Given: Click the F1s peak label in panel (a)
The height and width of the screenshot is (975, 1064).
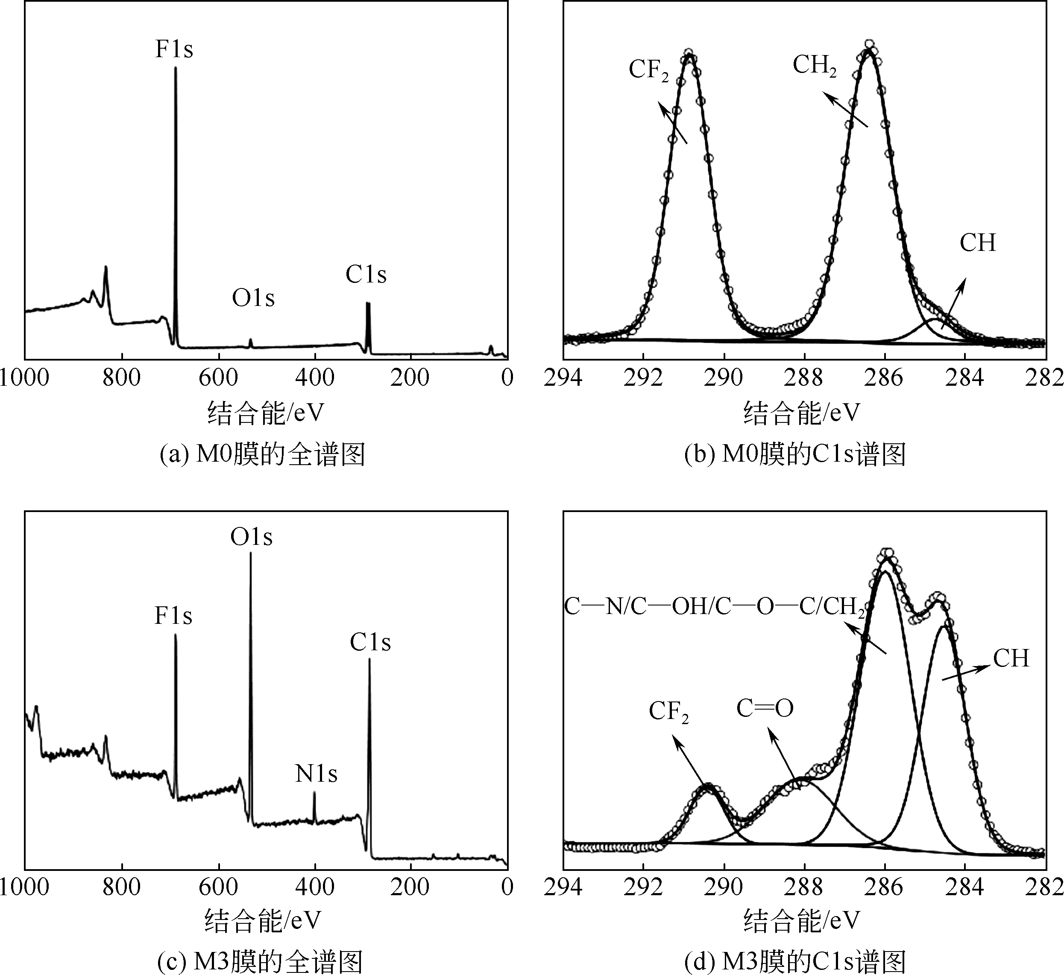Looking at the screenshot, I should (x=174, y=49).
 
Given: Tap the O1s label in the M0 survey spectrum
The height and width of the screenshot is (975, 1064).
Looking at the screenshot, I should (x=253, y=299).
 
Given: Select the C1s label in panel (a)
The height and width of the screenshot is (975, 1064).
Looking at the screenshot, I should (x=366, y=275).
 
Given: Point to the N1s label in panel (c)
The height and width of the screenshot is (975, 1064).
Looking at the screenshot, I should (x=316, y=774).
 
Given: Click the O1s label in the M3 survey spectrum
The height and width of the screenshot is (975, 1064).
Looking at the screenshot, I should (x=251, y=537).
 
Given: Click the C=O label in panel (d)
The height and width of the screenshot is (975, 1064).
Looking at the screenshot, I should (x=765, y=709).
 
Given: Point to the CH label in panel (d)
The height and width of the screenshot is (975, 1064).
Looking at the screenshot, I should (x=1011, y=658).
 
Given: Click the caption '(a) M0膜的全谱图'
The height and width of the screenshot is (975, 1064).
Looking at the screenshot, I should (x=262, y=454).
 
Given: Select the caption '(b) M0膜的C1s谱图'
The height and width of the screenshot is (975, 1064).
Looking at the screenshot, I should (x=795, y=454).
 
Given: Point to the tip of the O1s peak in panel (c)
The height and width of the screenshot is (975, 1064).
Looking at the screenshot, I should (x=250, y=553).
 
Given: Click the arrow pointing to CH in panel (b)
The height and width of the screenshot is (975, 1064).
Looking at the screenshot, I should (x=954, y=303).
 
